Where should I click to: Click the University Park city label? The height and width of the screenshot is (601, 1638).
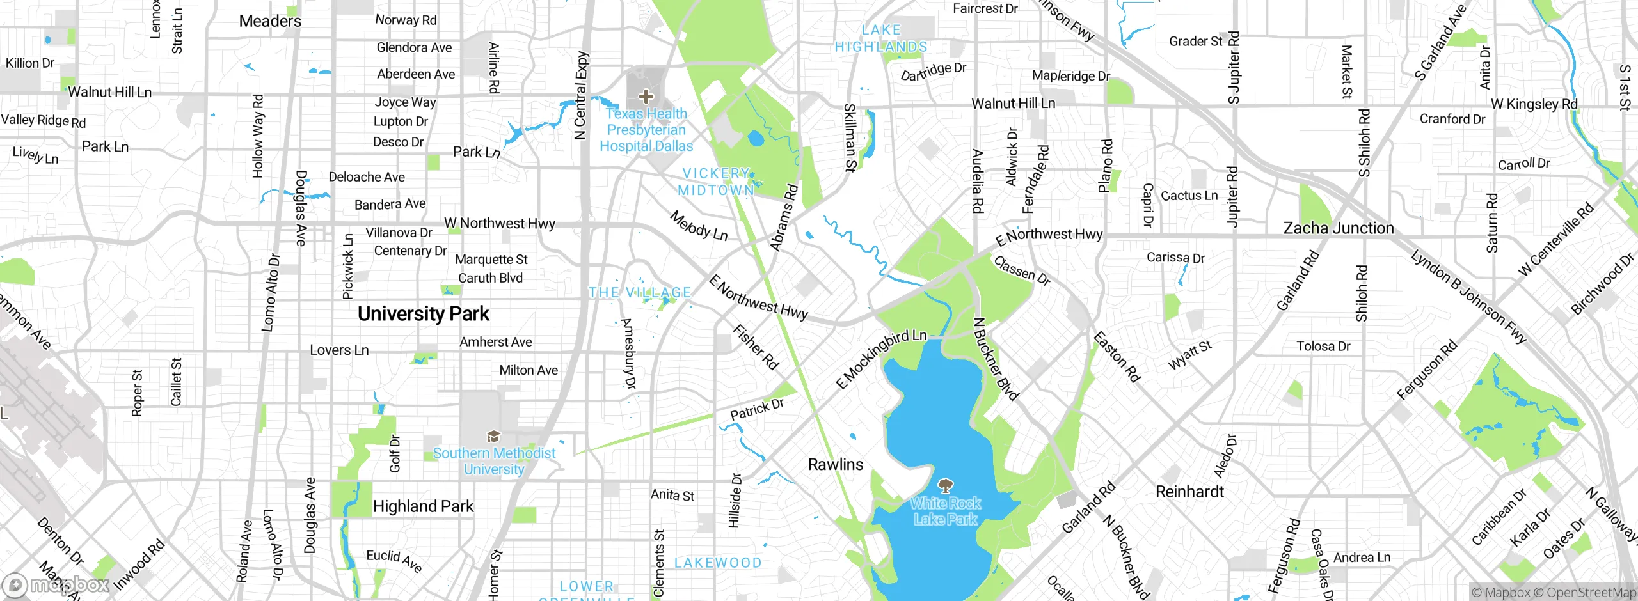pyautogui.click(x=423, y=314)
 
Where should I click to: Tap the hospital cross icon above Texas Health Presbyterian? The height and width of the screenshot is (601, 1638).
pyautogui.click(x=646, y=97)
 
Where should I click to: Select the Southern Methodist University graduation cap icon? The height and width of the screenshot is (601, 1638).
pyautogui.click(x=493, y=437)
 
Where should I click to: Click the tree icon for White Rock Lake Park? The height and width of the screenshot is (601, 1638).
pyautogui.click(x=945, y=485)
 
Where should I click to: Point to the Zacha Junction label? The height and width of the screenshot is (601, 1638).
pyautogui.click(x=1339, y=228)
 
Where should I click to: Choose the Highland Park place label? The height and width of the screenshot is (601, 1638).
pyautogui.click(x=423, y=506)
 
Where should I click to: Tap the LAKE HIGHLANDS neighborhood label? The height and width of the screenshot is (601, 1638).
pyautogui.click(x=881, y=38)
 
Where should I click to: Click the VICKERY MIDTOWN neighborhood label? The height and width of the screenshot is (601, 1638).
pyautogui.click(x=716, y=182)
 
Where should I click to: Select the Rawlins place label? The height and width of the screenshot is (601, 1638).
pyautogui.click(x=835, y=465)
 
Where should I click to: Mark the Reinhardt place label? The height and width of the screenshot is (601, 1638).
pyautogui.click(x=1189, y=492)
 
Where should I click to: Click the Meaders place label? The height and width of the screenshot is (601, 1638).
pyautogui.click(x=270, y=21)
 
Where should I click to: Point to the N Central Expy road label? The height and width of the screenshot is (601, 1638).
pyautogui.click(x=581, y=96)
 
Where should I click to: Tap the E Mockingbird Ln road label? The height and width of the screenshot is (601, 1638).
pyautogui.click(x=881, y=359)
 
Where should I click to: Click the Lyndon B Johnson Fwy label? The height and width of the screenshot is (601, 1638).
pyautogui.click(x=1468, y=297)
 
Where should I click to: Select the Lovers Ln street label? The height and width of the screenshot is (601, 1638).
pyautogui.click(x=339, y=350)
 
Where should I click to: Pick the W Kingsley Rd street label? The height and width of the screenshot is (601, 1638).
pyautogui.click(x=1534, y=104)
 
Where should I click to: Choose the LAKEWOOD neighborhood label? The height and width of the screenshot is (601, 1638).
pyautogui.click(x=718, y=563)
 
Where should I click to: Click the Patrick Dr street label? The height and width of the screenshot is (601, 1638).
pyautogui.click(x=757, y=410)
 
